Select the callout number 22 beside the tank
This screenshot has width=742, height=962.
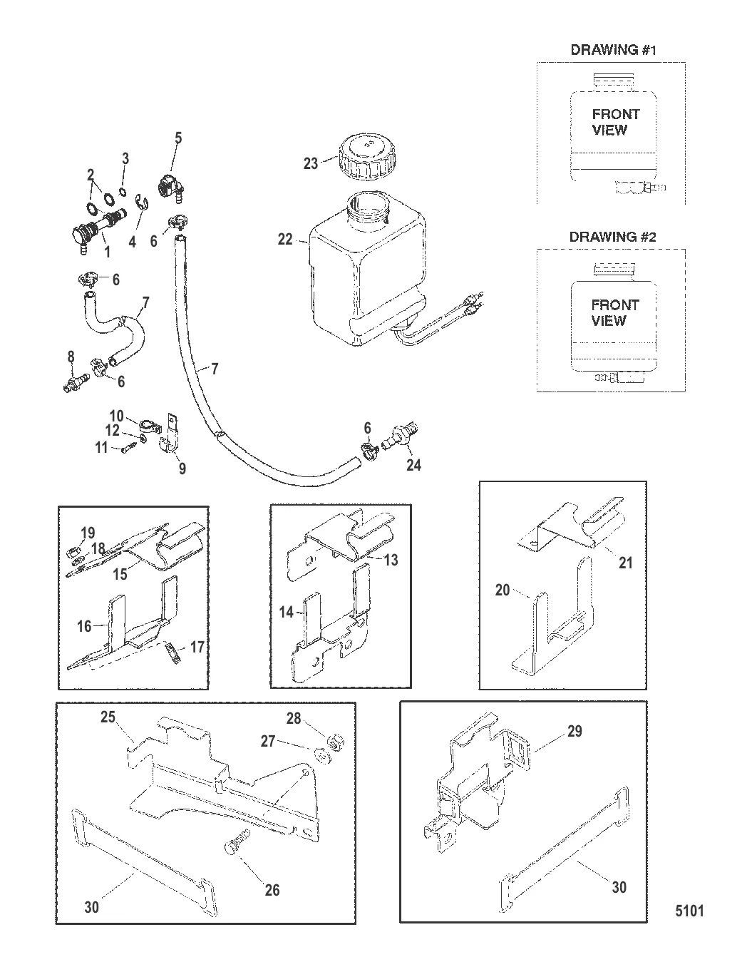coord(285,240)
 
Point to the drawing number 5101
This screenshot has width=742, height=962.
coord(689,911)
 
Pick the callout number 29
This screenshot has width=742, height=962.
coord(574,732)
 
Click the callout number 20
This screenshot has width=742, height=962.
coord(503,590)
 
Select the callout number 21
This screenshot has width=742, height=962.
coord(625,563)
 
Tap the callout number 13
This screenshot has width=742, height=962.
coord(391,560)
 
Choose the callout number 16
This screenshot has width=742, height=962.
coord(84,625)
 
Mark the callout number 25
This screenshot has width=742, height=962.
coord(108,717)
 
